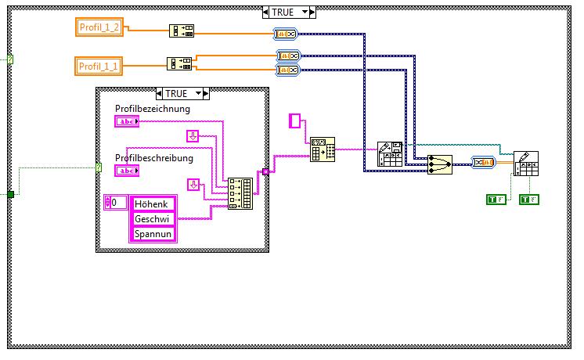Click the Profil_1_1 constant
[x=99, y=65]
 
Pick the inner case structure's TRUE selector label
[x=176, y=92]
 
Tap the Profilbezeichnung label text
[x=153, y=109]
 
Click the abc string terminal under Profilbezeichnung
[x=126, y=121]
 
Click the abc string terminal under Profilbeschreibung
[x=126, y=171]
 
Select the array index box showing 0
[x=116, y=203]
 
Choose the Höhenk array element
[x=153, y=203]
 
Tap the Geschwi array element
[x=153, y=218]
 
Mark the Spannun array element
[x=153, y=233]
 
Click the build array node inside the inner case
[x=240, y=193]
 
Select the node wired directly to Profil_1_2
[x=182, y=31]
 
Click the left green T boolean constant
[x=495, y=200]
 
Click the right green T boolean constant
[x=528, y=200]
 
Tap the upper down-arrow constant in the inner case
[x=193, y=136]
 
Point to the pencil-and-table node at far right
[x=525, y=164]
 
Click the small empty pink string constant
[x=295, y=120]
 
